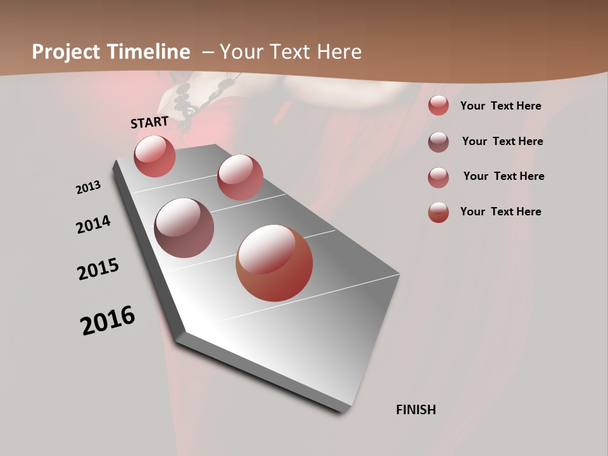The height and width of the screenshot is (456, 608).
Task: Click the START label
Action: (149, 122)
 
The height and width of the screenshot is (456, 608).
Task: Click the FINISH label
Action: (415, 410)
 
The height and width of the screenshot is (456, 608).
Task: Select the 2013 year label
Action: (88, 187)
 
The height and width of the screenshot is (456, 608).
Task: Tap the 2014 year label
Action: (93, 225)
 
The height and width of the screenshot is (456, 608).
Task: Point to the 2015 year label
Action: (98, 269)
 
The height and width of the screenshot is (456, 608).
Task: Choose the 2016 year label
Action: (108, 320)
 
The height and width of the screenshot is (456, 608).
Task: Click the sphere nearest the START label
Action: (155, 156)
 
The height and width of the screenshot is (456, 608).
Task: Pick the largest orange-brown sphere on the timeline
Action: (274, 263)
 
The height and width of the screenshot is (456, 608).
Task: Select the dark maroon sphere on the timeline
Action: (184, 228)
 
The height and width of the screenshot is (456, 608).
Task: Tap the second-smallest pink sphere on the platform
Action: (240, 177)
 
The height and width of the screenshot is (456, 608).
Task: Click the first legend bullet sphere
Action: (438, 106)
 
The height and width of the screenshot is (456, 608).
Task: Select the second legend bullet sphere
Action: (438, 142)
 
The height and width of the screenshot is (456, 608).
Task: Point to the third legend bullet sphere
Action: (438, 177)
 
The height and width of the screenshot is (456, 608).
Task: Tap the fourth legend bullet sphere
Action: (438, 212)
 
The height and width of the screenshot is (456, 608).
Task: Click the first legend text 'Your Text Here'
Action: (500, 106)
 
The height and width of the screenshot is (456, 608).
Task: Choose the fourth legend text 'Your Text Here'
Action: (500, 212)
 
